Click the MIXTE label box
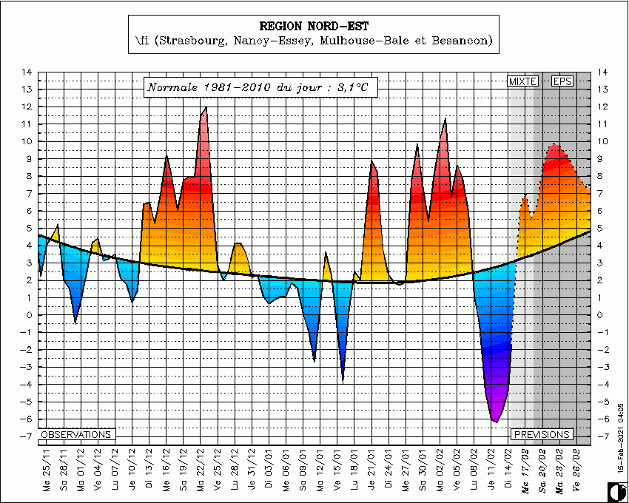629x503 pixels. pos(522,81)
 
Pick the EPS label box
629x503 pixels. pos(562,81)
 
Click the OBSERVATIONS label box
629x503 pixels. pos(76,435)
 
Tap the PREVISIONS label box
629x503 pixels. pos(542,435)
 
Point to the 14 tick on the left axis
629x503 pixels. pos(27,72)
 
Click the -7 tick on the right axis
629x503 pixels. pos(602,436)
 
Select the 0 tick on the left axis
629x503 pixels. pos(28,315)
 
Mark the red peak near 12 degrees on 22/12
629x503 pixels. pos(205,108)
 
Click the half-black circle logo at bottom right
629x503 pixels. pos(613,491)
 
